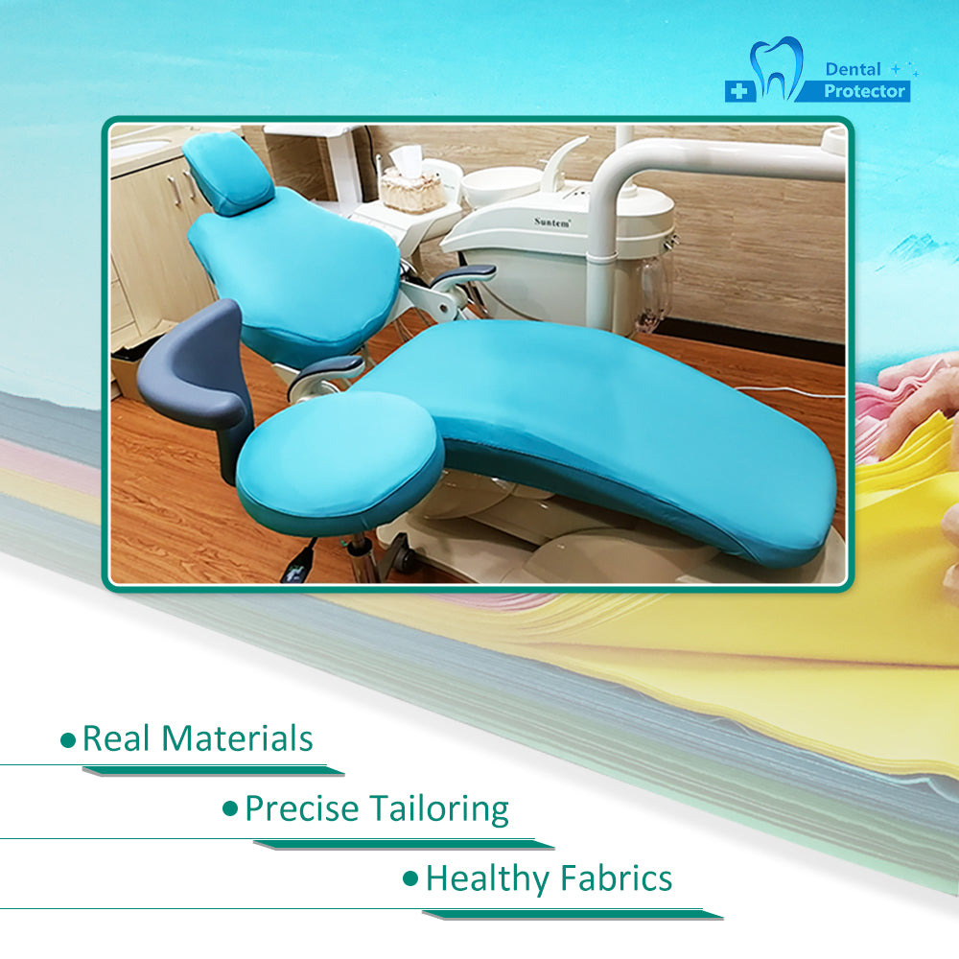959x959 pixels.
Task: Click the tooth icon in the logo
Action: (x=776, y=68)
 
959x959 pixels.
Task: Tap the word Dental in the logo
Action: (x=853, y=69)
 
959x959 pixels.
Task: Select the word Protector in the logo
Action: (x=864, y=91)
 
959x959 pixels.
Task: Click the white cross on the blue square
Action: (x=739, y=91)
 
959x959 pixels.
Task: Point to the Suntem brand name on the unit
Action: (x=551, y=222)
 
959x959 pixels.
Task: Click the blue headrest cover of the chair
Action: (x=227, y=172)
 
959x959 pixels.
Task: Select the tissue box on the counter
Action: (x=412, y=182)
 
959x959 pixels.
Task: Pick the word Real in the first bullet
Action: (x=116, y=737)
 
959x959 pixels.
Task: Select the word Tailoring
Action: (x=439, y=809)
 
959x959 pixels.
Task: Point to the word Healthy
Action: (x=487, y=879)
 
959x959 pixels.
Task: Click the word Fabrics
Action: (x=617, y=878)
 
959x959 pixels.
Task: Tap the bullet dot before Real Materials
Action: (x=68, y=740)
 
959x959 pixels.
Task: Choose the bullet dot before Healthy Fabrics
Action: (x=411, y=879)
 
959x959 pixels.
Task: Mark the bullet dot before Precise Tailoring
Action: (x=230, y=809)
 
